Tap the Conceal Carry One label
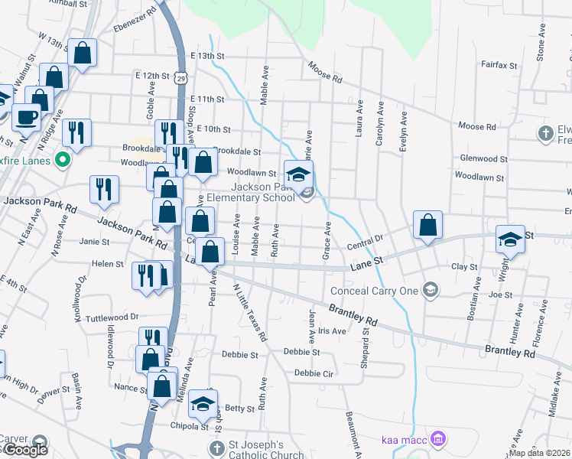pos(374,291)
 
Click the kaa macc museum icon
pos(438,440)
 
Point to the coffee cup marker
pos(27,117)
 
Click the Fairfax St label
pos(500,64)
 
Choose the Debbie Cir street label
pos(314,373)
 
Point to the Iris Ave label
pos(333,331)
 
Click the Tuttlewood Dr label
pos(112,317)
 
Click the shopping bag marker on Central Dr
pos(428,225)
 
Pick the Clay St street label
pos(464,267)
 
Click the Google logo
pos(25,450)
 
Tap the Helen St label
pos(107,264)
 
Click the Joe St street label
pos(500,295)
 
